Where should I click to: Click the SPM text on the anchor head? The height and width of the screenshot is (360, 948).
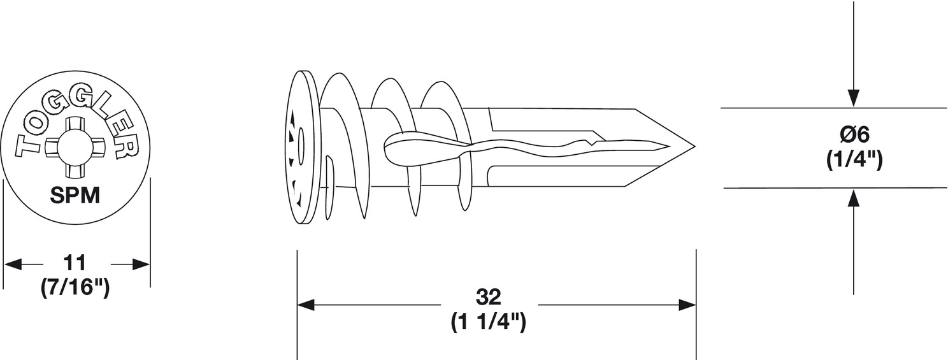[x=75, y=196]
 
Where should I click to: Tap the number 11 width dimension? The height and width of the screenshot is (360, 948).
[x=75, y=263]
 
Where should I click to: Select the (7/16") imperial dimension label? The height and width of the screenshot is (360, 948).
[x=75, y=289]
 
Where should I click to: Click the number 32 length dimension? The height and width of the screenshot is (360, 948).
[x=489, y=297]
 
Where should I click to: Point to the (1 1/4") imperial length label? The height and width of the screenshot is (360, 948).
[x=488, y=323]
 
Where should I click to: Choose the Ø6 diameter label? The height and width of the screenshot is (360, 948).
[x=854, y=135]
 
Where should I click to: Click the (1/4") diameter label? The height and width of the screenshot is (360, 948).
[x=854, y=161]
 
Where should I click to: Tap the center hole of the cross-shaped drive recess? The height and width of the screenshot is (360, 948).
[x=75, y=147]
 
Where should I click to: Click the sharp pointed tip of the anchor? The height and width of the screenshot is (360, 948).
[x=694, y=147]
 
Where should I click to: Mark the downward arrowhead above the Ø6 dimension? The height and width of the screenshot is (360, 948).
[x=854, y=98]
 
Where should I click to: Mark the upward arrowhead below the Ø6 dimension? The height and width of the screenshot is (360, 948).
[x=854, y=198]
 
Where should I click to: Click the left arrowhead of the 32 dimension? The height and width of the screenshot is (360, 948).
[x=306, y=305]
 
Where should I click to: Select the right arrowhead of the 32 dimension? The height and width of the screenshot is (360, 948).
[x=687, y=305]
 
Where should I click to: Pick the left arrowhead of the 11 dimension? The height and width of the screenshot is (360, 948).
[x=12, y=264]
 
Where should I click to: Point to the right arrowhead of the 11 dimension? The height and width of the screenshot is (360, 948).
[x=141, y=264]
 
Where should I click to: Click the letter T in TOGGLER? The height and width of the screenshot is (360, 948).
[x=28, y=147]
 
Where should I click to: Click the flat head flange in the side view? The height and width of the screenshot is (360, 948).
[x=301, y=147]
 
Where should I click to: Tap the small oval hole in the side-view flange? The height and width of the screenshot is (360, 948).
[x=301, y=147]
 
